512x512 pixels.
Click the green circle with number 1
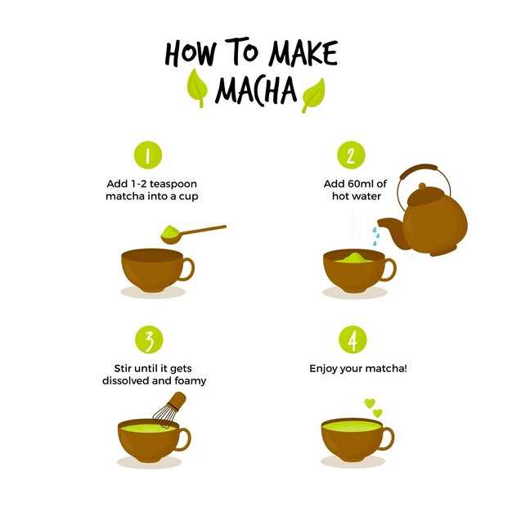tap(148, 155)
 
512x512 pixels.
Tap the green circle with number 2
tap(351, 155)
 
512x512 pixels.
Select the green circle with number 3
tap(149, 339)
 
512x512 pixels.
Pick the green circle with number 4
tap(353, 339)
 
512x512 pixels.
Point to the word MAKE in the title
tap(303, 53)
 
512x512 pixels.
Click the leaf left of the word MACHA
tap(198, 88)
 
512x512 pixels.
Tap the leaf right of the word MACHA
tap(312, 96)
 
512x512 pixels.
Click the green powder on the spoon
tap(170, 231)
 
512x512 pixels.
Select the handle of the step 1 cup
tap(188, 269)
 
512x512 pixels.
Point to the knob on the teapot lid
tap(422, 186)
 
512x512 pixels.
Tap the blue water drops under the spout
tap(376, 236)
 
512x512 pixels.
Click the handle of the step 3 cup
tap(185, 439)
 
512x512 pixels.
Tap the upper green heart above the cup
tap(370, 403)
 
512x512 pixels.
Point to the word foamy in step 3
tap(191, 381)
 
